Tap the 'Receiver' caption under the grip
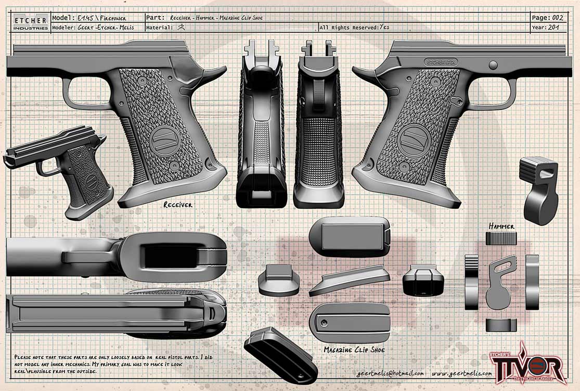coord(178,205)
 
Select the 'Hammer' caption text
coord(501,226)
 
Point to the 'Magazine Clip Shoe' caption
coord(354,350)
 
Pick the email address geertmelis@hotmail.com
coord(390,373)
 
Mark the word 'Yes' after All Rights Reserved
coord(384,28)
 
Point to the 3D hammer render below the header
coord(539,190)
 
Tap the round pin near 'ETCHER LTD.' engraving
coord(493,65)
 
